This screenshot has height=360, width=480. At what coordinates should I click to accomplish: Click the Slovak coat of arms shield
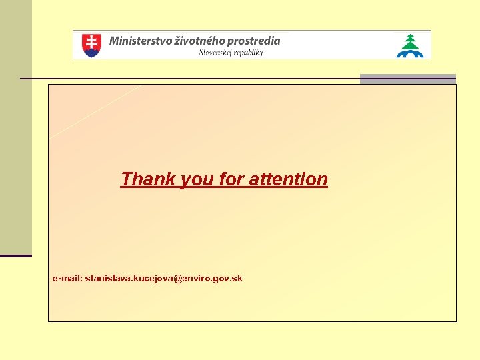91,45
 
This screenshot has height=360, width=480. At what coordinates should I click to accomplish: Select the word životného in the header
199,40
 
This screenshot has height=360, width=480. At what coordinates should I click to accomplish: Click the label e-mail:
67,277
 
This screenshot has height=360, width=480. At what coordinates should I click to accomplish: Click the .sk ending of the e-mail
236,277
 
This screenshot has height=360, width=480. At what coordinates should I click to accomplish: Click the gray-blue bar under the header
407,79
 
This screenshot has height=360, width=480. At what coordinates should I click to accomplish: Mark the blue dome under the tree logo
410,53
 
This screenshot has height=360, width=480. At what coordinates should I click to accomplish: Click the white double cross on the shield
91,43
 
